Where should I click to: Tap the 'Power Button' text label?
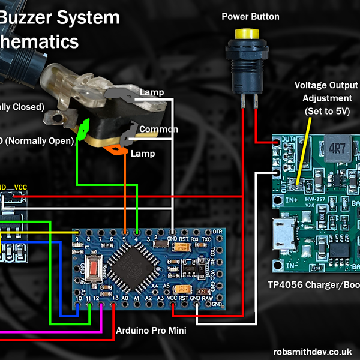pos(250,16)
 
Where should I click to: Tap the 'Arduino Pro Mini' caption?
pos(152,331)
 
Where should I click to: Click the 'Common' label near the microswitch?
pos(158,130)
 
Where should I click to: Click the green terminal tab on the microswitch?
pos(83,128)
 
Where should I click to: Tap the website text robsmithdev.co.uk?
pos(311,352)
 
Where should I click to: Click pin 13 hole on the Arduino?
pos(113,306)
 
